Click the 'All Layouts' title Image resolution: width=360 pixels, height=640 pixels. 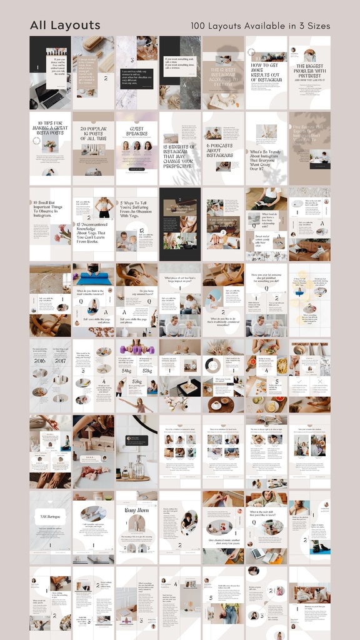65,26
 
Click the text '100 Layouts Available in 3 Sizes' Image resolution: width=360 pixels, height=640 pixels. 261,26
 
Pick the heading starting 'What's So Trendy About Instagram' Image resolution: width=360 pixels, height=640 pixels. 266,159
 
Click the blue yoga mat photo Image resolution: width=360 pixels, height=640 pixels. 93,277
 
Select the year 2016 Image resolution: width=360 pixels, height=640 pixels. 40,361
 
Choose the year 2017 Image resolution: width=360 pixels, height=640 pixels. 61,361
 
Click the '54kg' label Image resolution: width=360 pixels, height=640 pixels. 126,371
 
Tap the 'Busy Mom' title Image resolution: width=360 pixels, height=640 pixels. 137,510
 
